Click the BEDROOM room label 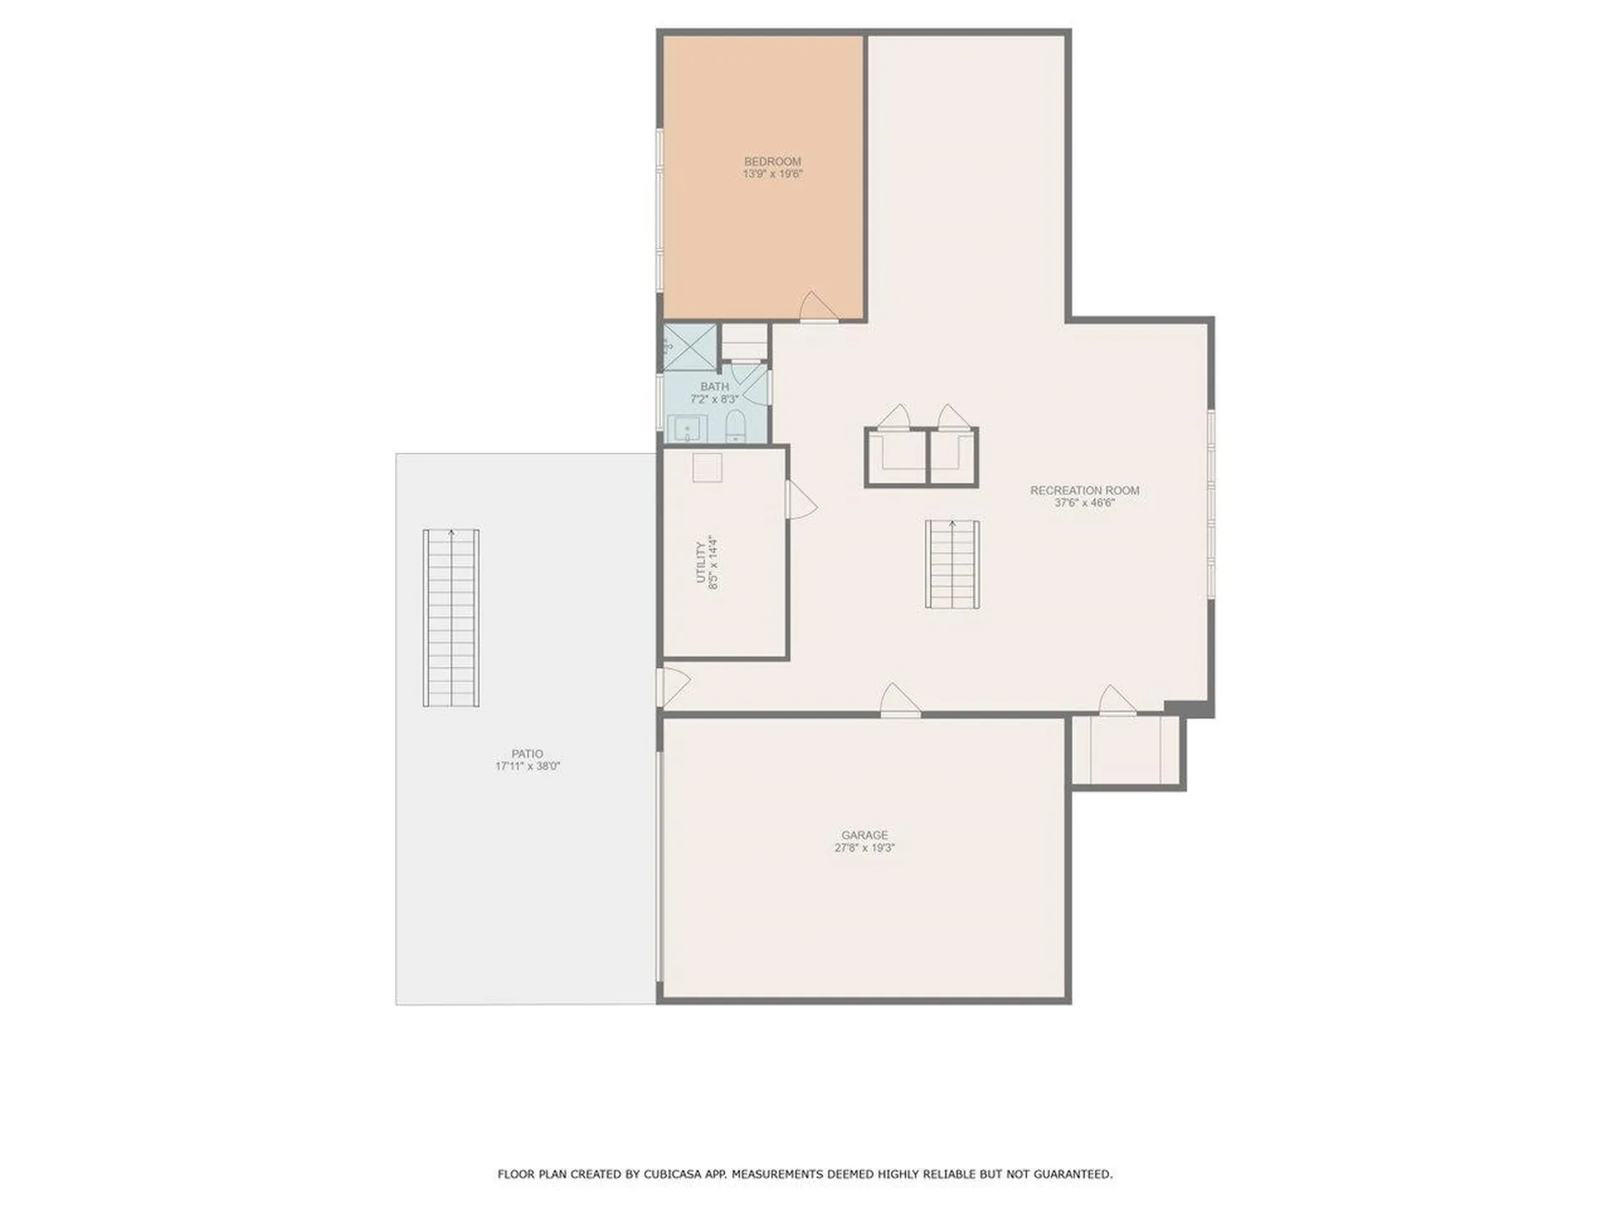coord(772,161)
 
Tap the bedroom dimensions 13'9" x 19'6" coord(772,174)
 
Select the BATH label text coord(714,387)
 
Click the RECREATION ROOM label coord(1084,491)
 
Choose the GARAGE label coord(864,836)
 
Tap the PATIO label coord(527,754)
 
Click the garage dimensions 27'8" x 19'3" coord(864,848)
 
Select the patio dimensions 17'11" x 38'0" coord(527,767)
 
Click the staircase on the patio coord(451,618)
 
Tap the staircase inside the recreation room coord(952,564)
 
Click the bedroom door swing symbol coord(816,307)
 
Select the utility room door coord(799,500)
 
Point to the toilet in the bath coord(735,427)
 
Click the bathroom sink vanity coord(688,429)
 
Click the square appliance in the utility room coord(706,468)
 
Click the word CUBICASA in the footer coord(679,1174)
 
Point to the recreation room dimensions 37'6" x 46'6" coord(1084,503)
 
